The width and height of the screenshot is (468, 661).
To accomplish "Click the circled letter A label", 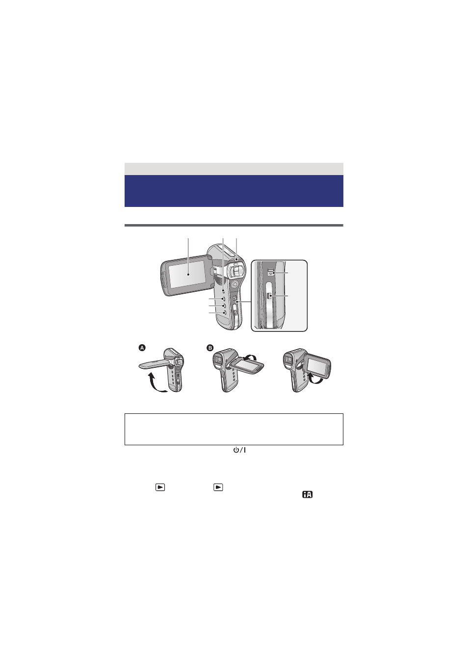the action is pos(142,348).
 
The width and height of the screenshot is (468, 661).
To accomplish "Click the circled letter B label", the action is pos(209,348).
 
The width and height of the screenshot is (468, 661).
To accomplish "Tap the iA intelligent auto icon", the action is pos(307,495).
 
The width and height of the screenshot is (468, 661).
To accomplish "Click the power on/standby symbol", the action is pos(239,450).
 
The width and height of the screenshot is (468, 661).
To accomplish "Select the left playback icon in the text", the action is pos(160,487).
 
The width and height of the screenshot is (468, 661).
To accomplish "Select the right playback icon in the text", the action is pos(218,487).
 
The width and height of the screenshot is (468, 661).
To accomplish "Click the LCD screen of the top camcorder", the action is pos(185,275).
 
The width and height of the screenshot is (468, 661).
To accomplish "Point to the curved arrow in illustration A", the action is pos(156,382).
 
